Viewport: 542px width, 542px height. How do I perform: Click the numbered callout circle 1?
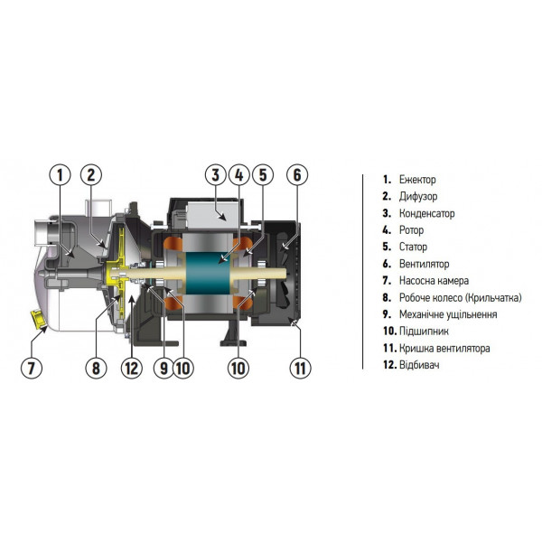click(x=59, y=174)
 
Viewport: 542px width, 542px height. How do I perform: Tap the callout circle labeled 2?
click(x=94, y=174)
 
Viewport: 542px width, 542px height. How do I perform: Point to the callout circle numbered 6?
click(x=299, y=174)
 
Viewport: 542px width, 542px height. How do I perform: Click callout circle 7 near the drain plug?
click(x=32, y=368)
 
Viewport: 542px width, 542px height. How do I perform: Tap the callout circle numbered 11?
click(x=299, y=368)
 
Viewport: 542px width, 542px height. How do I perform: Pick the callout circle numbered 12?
click(x=132, y=368)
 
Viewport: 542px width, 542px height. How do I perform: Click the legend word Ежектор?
click(x=417, y=181)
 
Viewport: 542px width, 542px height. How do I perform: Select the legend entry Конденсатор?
click(x=426, y=214)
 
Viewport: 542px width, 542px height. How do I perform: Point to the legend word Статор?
click(x=414, y=248)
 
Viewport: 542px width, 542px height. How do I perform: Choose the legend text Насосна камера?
click(x=434, y=281)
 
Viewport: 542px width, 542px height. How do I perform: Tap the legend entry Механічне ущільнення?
click(x=448, y=314)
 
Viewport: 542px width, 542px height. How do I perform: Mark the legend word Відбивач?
click(x=419, y=365)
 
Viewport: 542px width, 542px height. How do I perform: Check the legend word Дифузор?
click(x=418, y=197)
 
